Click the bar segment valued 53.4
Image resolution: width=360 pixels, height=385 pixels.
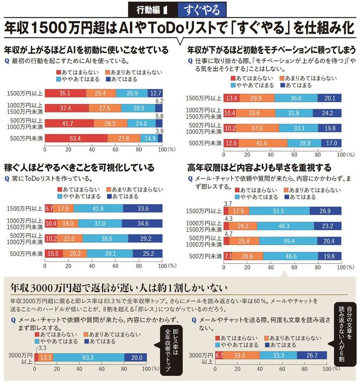click(x=76, y=138)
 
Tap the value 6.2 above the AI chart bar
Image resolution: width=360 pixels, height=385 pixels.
click(x=158, y=101)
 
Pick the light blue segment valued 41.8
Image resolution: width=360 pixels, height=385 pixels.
click(x=98, y=208)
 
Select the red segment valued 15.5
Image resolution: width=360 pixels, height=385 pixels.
click(x=53, y=253)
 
